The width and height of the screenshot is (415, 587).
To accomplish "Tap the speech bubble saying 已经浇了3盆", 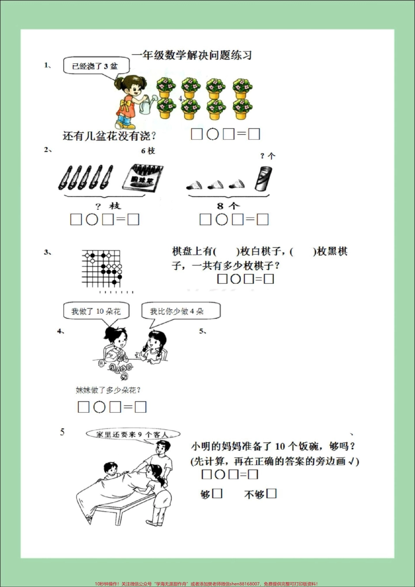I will pos(95,66).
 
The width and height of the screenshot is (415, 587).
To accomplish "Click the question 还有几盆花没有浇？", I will pos(109,136).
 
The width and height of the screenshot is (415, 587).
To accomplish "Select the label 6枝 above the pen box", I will pos(148,151).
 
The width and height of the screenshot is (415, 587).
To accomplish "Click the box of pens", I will pos(142,177).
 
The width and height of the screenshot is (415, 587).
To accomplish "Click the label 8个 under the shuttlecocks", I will pos(228,205).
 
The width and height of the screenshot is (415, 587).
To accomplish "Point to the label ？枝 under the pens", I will pos(107,206).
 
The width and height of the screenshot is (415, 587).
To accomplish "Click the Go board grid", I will pos(101,268).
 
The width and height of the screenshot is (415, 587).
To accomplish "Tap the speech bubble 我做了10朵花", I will pos(96,311).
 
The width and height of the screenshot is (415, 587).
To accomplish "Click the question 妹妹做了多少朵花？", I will pos(108,390).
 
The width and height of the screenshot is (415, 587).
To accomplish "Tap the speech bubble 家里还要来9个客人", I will pos(132,434).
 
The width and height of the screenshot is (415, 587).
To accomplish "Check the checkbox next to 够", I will pos(217,493).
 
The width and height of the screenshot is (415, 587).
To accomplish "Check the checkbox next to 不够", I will pos(271,493).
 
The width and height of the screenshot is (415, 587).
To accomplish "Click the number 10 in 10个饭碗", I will pos(280,446).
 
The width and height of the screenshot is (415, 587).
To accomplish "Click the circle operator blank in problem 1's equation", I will pos(212,134).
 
